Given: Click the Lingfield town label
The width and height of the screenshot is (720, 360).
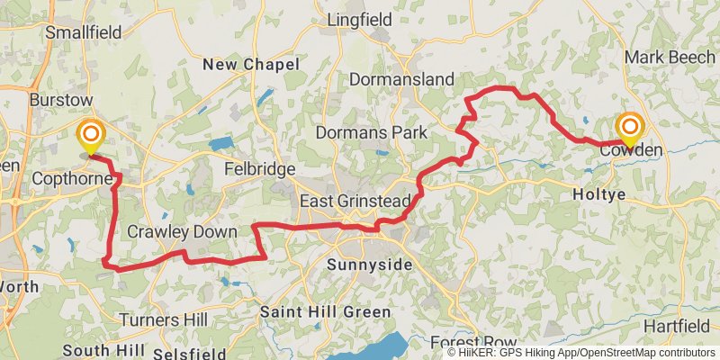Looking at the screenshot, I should [361, 19].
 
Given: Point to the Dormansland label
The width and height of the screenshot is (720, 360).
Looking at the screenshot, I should [400, 79].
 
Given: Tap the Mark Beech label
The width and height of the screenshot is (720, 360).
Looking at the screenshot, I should [670, 57].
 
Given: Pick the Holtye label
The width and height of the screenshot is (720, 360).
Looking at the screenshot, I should [598, 193].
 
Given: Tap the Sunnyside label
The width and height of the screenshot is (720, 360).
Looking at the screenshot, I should [369, 265].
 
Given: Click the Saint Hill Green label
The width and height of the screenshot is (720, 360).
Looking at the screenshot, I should [326, 312].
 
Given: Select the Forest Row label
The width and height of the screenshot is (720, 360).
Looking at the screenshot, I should [472, 343].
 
